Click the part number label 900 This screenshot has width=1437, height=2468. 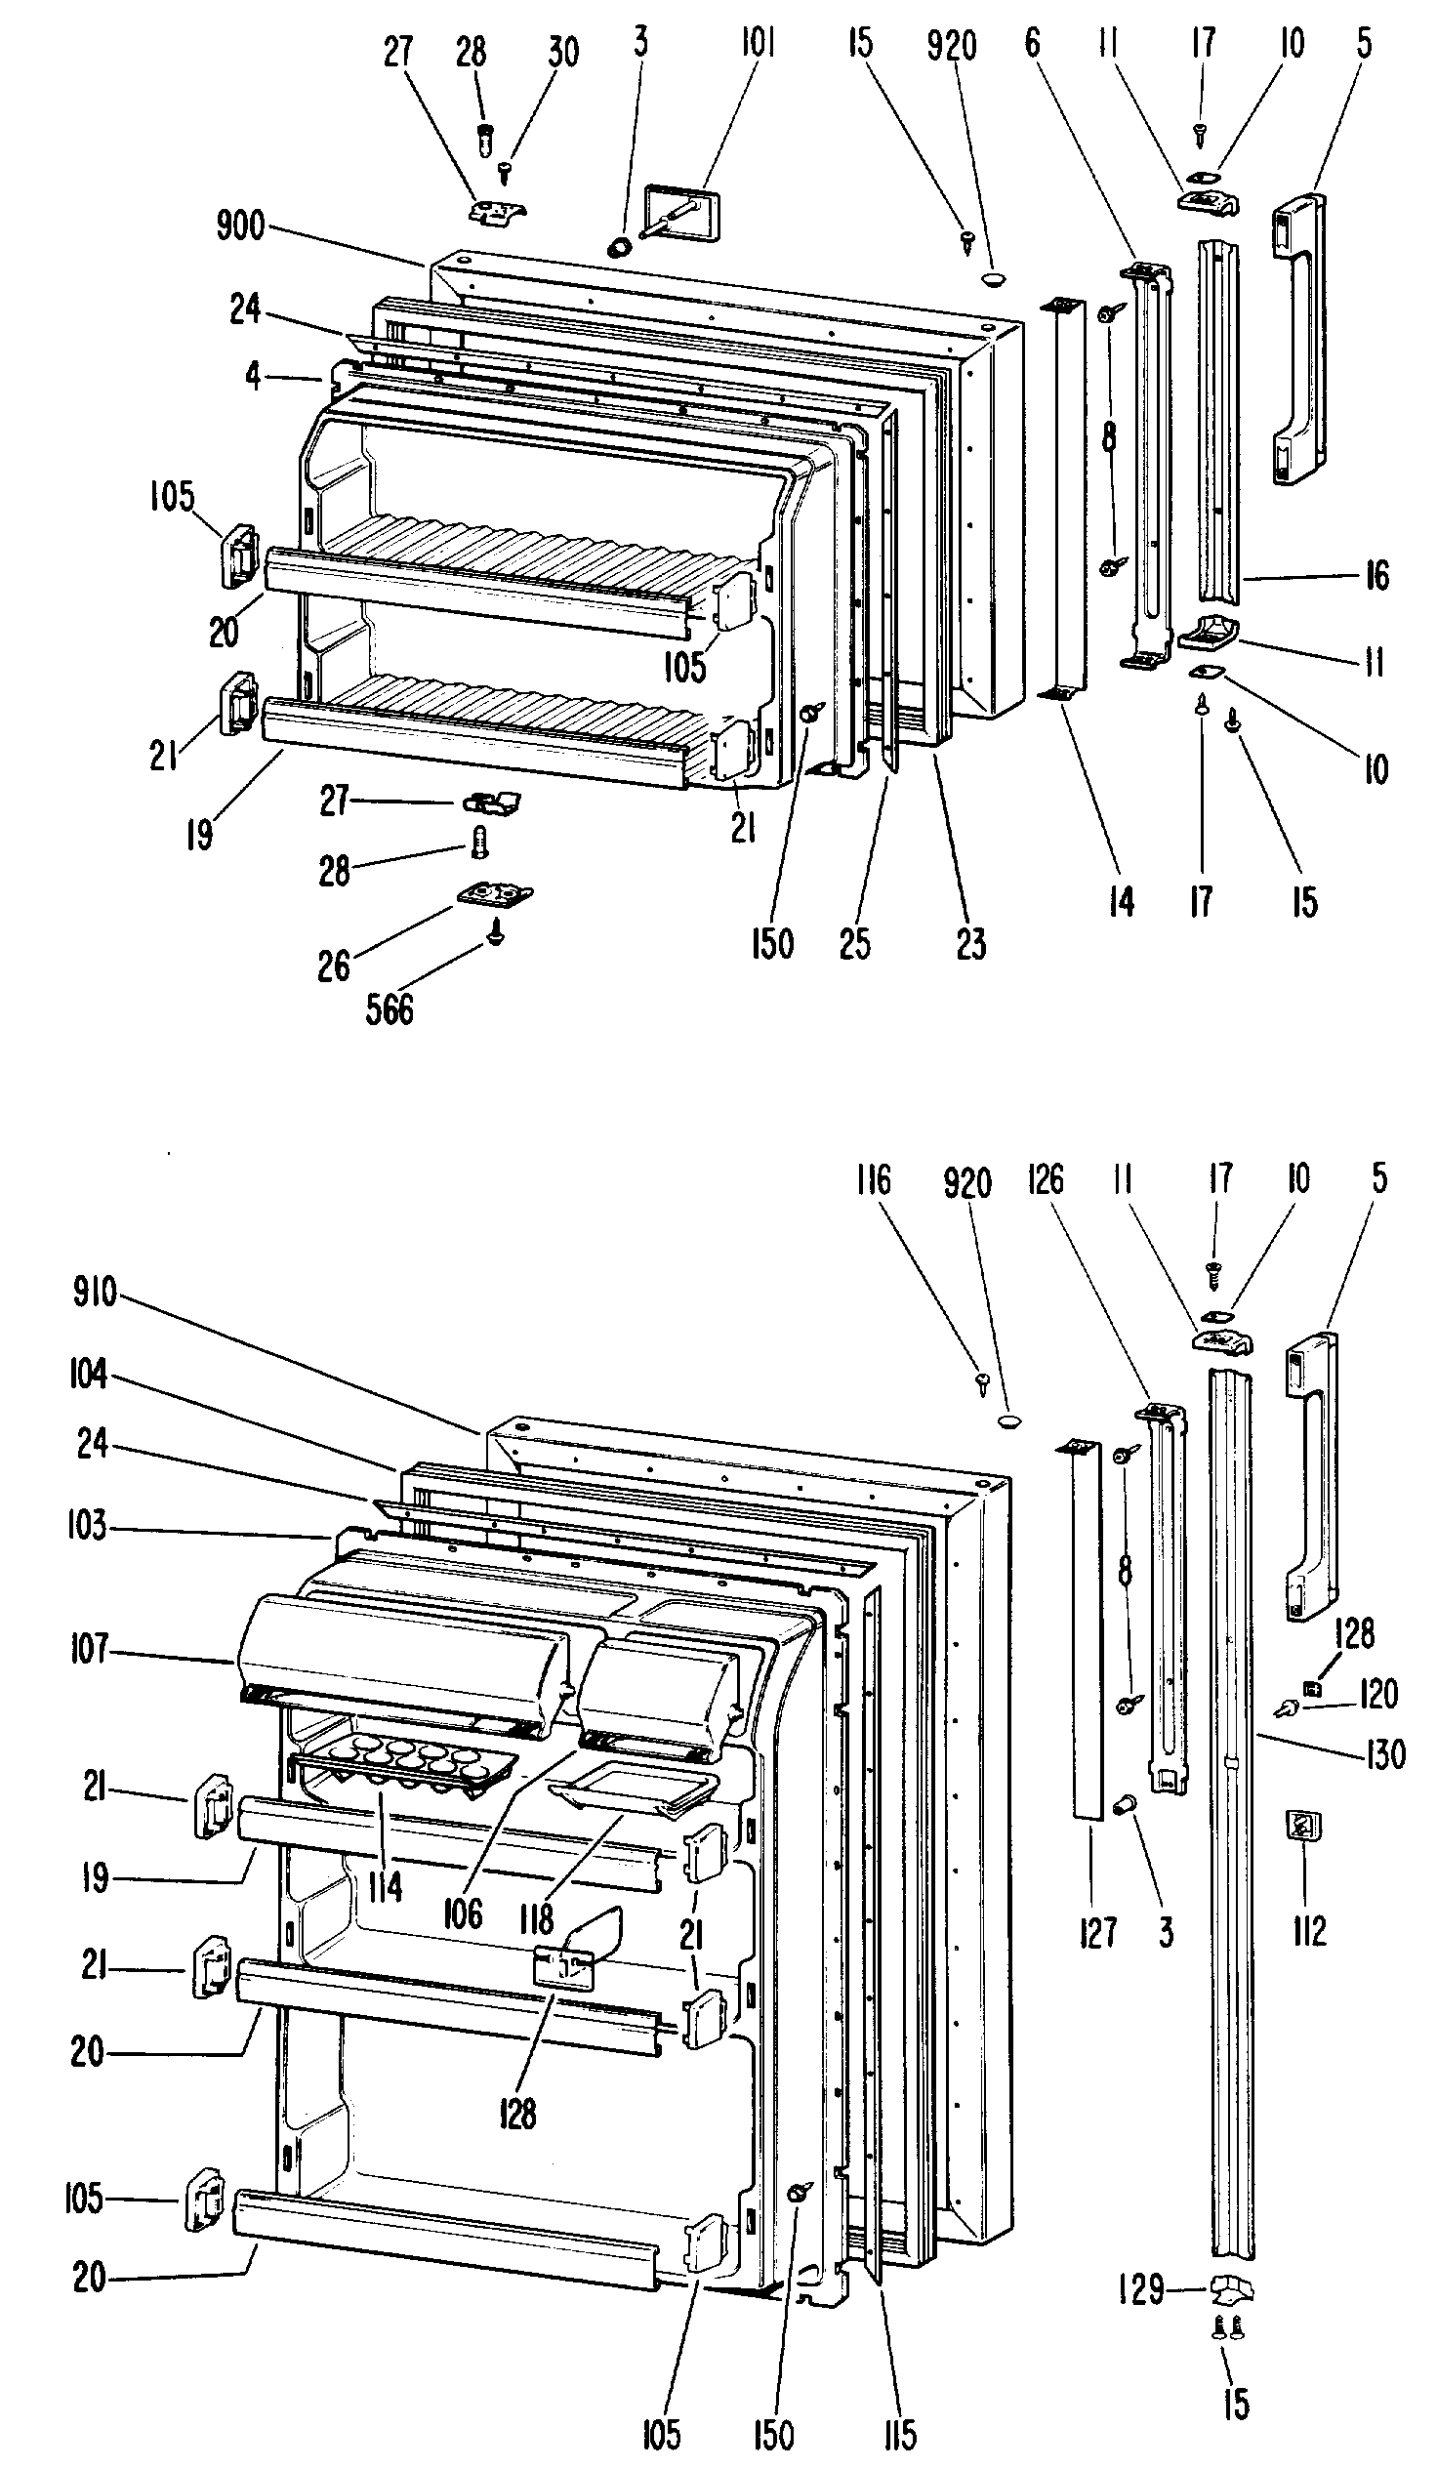coord(240,226)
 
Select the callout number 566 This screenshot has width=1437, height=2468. coord(389,1008)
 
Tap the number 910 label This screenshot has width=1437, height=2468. coord(95,1293)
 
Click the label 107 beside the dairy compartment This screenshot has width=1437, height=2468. coord(88,1648)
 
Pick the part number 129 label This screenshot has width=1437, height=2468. coord(1141,2289)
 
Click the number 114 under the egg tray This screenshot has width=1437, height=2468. coord(385,1887)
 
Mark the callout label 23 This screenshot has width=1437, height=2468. coord(970,944)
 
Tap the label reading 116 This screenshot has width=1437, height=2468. coord(872,1180)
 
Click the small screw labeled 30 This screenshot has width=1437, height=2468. coord(506,173)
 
